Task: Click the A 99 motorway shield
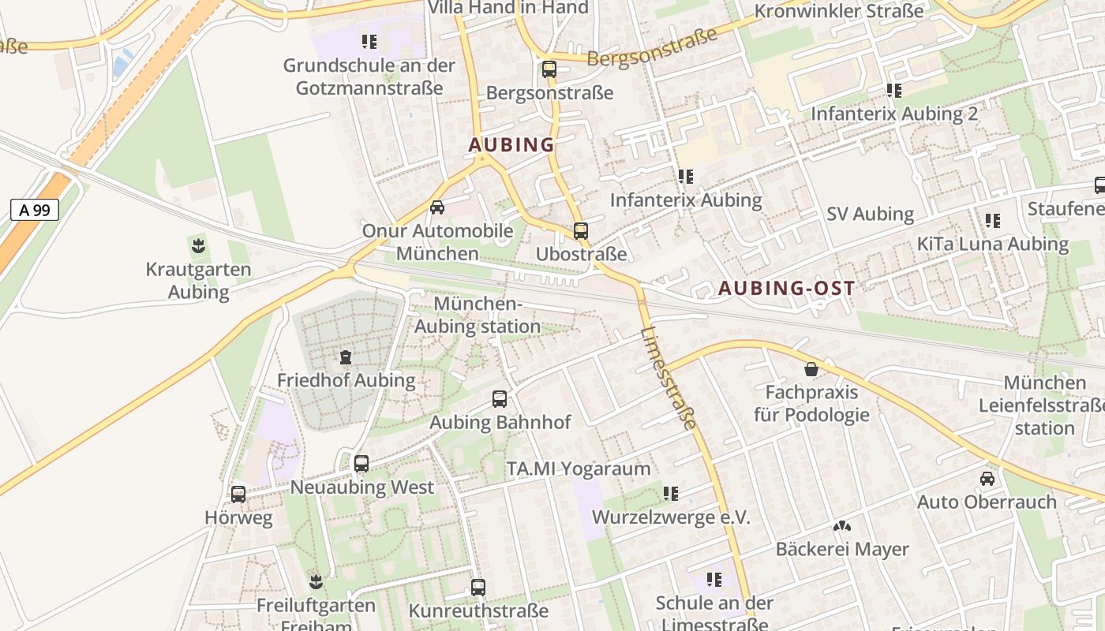pyautogui.click(x=35, y=210)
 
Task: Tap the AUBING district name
pyautogui.click(x=511, y=145)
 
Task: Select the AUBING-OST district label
pyautogui.click(x=786, y=289)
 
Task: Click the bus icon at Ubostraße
pyautogui.click(x=581, y=231)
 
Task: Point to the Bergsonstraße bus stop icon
pyautogui.click(x=549, y=69)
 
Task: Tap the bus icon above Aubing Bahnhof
pyautogui.click(x=500, y=399)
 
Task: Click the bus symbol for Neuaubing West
pyautogui.click(x=361, y=464)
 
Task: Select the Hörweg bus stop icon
pyautogui.click(x=238, y=495)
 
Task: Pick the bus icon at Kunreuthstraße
pyautogui.click(x=478, y=588)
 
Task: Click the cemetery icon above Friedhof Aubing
pyautogui.click(x=346, y=357)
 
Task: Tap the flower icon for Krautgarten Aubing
pyautogui.click(x=198, y=245)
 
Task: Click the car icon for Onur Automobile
pyautogui.click(x=436, y=207)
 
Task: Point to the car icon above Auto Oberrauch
pyautogui.click(x=987, y=479)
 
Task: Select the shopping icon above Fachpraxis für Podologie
pyautogui.click(x=811, y=369)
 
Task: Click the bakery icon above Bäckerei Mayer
pyautogui.click(x=842, y=526)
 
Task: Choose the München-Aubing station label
pyautogui.click(x=478, y=315)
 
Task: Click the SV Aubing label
pyautogui.click(x=870, y=215)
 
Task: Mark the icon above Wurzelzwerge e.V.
pyautogui.click(x=671, y=494)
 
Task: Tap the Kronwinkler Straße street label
pyautogui.click(x=839, y=11)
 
